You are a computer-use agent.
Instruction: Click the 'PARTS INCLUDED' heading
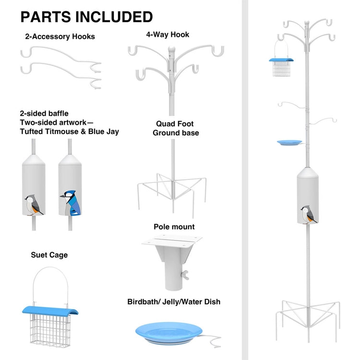(x=86, y=16)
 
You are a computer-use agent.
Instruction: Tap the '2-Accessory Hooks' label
(x=60, y=36)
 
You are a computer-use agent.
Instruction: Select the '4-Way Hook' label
(x=168, y=35)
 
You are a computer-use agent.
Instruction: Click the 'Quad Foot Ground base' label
(x=176, y=128)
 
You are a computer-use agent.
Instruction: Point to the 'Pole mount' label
(x=174, y=227)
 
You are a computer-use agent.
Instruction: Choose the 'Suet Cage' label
(x=49, y=255)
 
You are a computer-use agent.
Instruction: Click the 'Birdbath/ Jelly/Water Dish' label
(x=174, y=302)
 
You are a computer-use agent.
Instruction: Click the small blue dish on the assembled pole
(x=289, y=143)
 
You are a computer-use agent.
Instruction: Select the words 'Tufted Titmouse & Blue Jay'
(x=70, y=132)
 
